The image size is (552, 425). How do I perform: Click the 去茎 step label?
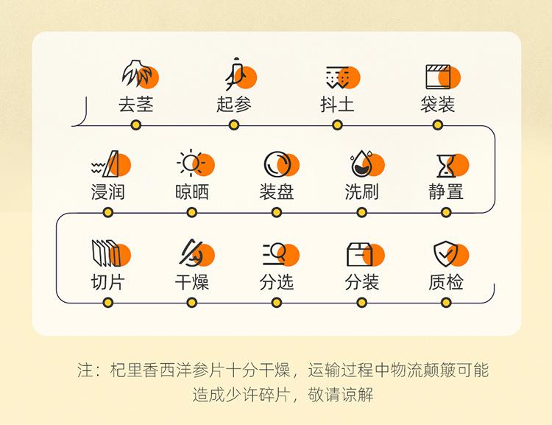136,104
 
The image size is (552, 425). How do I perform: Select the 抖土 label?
337,104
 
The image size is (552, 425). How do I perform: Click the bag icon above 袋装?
439,76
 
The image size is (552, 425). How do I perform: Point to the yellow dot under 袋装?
438,124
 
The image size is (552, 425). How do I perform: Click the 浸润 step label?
108,192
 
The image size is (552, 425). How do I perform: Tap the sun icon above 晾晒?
191,164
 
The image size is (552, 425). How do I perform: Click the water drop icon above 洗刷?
362,164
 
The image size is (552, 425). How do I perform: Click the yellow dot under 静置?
446,212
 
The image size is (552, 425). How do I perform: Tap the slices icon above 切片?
107,253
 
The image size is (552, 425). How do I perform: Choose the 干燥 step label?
192,281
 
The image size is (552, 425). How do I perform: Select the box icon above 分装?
361,254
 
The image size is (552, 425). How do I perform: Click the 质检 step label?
446,281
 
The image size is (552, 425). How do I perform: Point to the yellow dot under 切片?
108,302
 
